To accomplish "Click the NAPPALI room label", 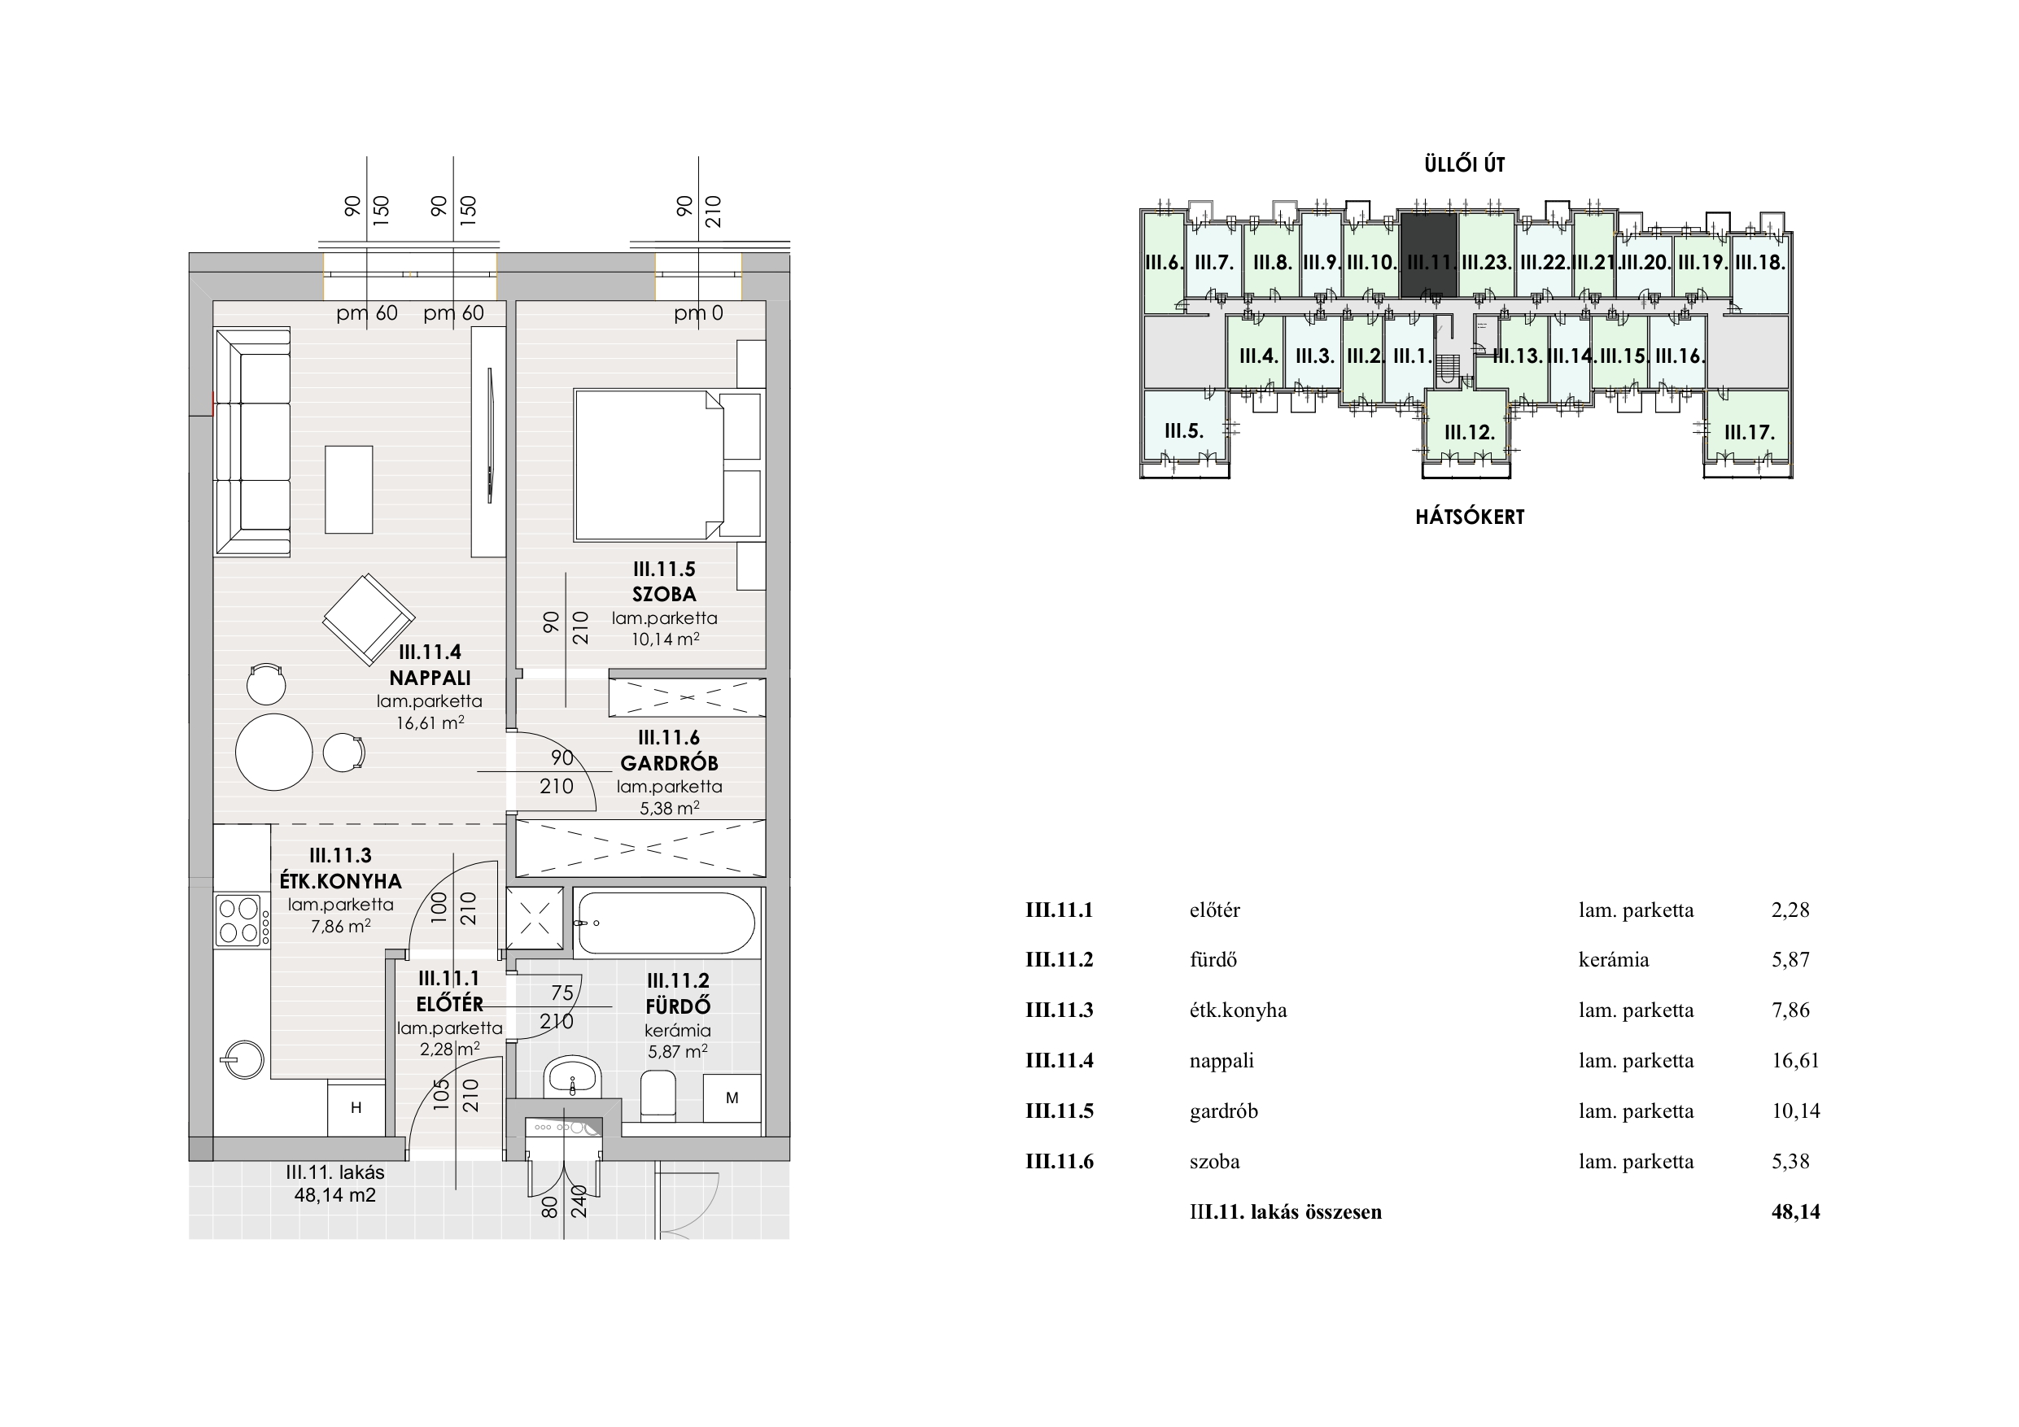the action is (430, 678).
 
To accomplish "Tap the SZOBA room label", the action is (664, 595).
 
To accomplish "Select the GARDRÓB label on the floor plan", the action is (669, 763).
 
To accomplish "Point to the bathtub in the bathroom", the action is (665, 923).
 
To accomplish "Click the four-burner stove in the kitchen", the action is (239, 919).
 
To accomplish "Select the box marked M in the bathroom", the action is (732, 1098).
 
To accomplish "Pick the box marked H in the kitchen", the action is (356, 1108).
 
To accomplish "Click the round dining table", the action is (273, 753).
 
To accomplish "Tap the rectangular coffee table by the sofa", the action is (348, 490).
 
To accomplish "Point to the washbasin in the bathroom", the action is (572, 1077).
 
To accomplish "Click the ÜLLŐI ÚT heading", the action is (1464, 164).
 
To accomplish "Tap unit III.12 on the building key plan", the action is (1469, 433).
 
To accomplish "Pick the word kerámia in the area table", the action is (1614, 959).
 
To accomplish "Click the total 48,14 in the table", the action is (1796, 1211).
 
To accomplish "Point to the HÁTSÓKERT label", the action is (1470, 517).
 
